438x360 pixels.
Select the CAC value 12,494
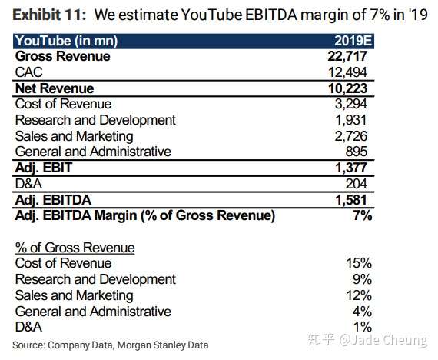click(x=350, y=72)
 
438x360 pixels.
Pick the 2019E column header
click(x=353, y=41)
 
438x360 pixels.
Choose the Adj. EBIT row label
click(x=43, y=168)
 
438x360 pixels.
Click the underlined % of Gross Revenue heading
click(x=75, y=248)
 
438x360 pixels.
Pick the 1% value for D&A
click(x=363, y=327)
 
